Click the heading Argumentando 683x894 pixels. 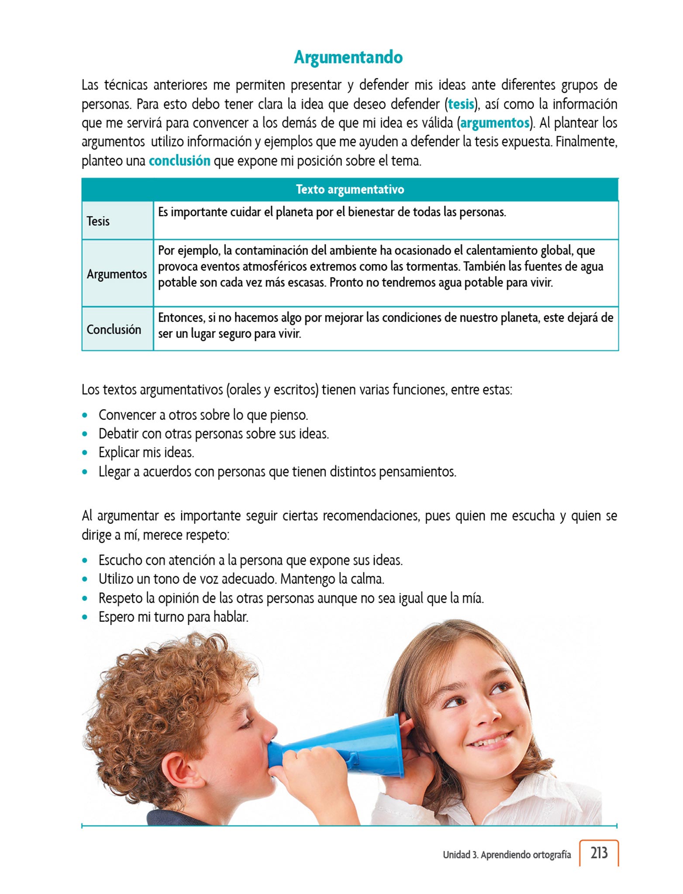[x=348, y=57]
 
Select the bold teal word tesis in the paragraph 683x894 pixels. [x=461, y=104]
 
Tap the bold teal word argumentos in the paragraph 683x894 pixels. [x=495, y=123]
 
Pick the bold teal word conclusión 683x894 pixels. [x=179, y=161]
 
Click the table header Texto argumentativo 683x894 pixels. [x=350, y=189]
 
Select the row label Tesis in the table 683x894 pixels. [x=98, y=221]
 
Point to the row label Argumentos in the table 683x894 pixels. [x=117, y=274]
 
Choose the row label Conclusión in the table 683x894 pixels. [x=114, y=330]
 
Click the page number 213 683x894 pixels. [x=599, y=853]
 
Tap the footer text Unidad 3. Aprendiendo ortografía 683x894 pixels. [x=507, y=855]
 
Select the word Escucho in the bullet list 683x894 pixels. [x=120, y=560]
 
